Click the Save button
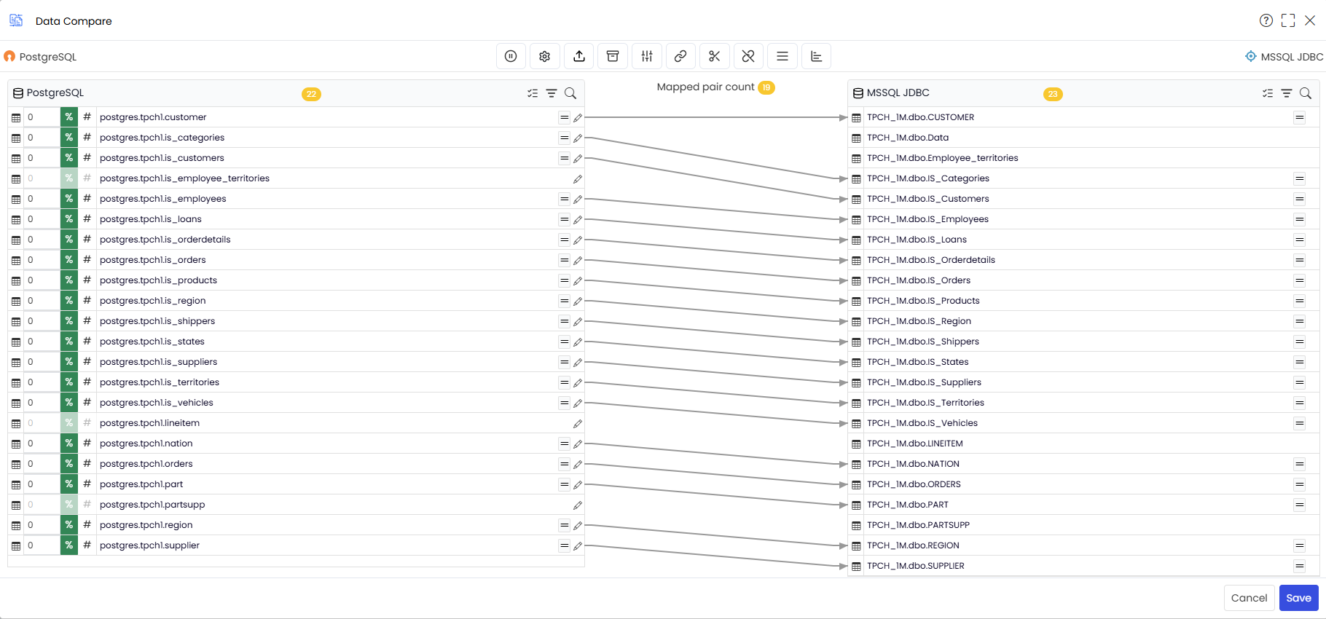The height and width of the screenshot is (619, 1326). coord(1298,598)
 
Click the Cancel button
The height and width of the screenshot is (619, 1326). coord(1249,598)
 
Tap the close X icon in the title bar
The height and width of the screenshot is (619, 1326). coord(1310,20)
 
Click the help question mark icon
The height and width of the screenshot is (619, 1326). coord(1266,20)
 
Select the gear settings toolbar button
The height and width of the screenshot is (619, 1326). coord(545,56)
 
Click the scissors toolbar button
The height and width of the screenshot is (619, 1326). coord(715,56)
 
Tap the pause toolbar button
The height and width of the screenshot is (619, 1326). coord(511,56)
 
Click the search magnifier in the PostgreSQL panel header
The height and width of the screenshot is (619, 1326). coord(570,93)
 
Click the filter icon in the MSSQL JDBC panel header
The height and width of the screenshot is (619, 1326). coord(1287,93)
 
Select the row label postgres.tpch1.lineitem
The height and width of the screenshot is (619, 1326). coord(149,423)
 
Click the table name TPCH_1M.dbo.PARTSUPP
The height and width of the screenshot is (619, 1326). coord(918,525)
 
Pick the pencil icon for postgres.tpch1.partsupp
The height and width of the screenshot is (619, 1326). coord(578,505)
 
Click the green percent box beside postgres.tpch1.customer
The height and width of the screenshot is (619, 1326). coord(69,117)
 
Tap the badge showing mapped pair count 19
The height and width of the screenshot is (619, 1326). coord(766,87)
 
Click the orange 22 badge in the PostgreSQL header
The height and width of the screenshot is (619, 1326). coord(311,94)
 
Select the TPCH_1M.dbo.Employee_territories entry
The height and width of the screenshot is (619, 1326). coord(943,158)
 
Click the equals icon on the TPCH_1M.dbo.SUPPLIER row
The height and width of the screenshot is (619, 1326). coord(1299,566)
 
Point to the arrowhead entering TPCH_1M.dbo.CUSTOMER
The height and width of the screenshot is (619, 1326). coord(844,117)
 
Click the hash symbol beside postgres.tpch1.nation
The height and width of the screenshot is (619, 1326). coord(87,443)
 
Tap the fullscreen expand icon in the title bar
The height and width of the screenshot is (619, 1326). coord(1288,20)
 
